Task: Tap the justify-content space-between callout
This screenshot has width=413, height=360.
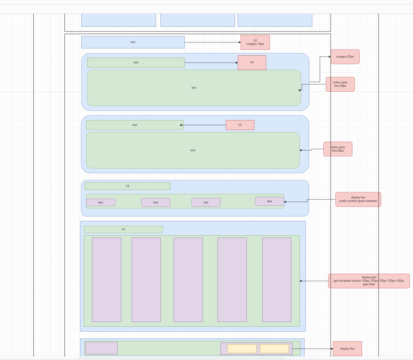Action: (358, 199)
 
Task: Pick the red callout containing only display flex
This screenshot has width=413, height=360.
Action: (347, 349)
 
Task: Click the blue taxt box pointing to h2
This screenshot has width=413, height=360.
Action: (133, 42)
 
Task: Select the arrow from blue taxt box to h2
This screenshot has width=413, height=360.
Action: (212, 42)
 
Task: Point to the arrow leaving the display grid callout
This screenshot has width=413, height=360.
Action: (314, 281)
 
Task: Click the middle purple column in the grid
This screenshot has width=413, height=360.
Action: (188, 279)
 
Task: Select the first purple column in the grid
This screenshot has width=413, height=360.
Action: (106, 279)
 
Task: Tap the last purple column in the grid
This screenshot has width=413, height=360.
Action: (276, 279)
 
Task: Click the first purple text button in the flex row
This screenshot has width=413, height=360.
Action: (100, 202)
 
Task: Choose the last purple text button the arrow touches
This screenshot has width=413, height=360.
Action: (269, 201)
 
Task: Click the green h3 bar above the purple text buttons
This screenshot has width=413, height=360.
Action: (127, 186)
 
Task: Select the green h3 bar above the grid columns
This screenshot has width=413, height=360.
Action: (123, 229)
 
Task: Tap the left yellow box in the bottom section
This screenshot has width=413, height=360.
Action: (242, 348)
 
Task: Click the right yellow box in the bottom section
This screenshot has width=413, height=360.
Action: (274, 348)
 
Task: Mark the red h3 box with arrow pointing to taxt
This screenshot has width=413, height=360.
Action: (240, 125)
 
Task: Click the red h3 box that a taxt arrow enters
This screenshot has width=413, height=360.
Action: (252, 62)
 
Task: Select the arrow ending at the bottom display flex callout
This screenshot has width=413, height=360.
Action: (313, 349)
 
